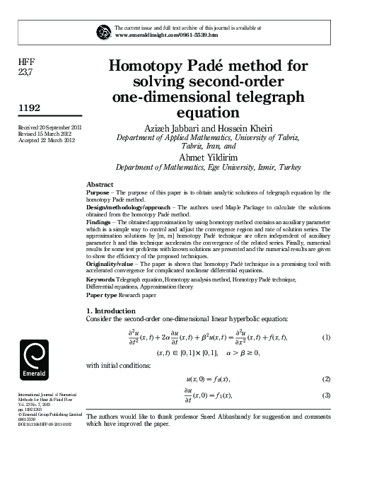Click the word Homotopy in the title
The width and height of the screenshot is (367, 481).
pyautogui.click(x=148, y=67)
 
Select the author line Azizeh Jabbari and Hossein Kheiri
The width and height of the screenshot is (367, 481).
pyautogui.click(x=207, y=129)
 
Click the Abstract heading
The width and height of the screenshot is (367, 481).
pyautogui.click(x=99, y=185)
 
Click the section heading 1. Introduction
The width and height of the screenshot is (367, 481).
pyautogui.click(x=112, y=311)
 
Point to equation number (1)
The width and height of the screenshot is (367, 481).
pyautogui.click(x=326, y=337)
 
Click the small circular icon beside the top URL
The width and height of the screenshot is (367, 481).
pyautogui.click(x=103, y=31)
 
